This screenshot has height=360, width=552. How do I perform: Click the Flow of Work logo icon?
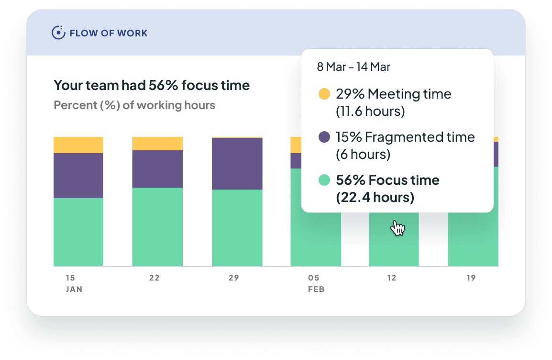point(58,33)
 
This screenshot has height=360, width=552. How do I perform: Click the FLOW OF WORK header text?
point(109,34)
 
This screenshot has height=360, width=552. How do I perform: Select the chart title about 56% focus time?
point(152,86)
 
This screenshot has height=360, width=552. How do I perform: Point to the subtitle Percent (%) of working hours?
point(134,105)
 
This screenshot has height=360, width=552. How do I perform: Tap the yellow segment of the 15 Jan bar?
point(78,145)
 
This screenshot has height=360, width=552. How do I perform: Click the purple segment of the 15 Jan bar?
point(78,175)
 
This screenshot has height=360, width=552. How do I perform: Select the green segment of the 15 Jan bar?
point(78,232)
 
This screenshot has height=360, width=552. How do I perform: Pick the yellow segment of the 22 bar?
point(157,144)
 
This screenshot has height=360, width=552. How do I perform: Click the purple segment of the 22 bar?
point(157,169)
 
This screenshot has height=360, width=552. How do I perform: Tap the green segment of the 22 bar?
point(157,226)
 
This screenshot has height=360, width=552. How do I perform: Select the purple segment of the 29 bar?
point(237,164)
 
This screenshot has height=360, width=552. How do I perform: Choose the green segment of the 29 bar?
point(237,227)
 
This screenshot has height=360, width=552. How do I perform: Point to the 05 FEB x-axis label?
point(315,283)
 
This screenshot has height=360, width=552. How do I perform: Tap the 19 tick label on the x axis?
point(471,278)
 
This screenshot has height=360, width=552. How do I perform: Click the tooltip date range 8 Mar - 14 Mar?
point(353,67)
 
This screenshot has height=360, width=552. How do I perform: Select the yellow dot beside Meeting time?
point(324,94)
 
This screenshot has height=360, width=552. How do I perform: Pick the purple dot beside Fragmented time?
point(324,137)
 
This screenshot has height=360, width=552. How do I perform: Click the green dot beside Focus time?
point(324,180)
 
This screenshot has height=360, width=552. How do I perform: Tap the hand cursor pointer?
point(397,228)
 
